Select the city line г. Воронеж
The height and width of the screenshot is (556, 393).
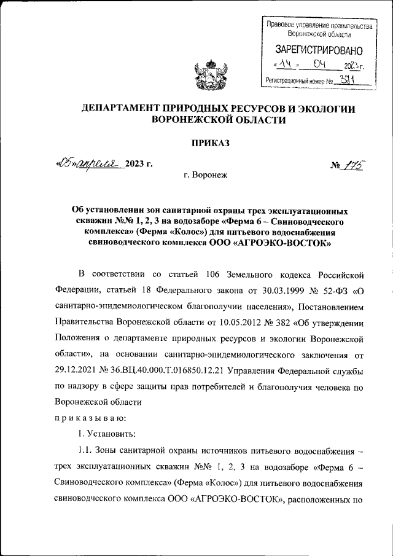pos(205,175)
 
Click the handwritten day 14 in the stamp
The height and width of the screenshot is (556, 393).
pos(283,65)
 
